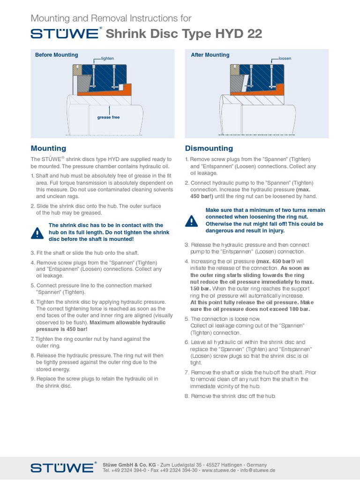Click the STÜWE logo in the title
click(65, 33)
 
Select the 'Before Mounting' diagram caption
click(57, 55)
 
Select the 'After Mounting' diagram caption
click(210, 55)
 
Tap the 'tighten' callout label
click(107, 59)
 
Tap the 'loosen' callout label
click(285, 59)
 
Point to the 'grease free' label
click(108, 117)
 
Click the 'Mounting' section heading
click(48, 148)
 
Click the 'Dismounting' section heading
click(209, 148)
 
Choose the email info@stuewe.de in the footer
click(257, 470)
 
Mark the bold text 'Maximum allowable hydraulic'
click(127, 322)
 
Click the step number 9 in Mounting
click(33, 379)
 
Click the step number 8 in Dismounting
click(187, 396)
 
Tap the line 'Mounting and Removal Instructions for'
click(111, 18)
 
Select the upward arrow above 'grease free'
click(109, 109)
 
